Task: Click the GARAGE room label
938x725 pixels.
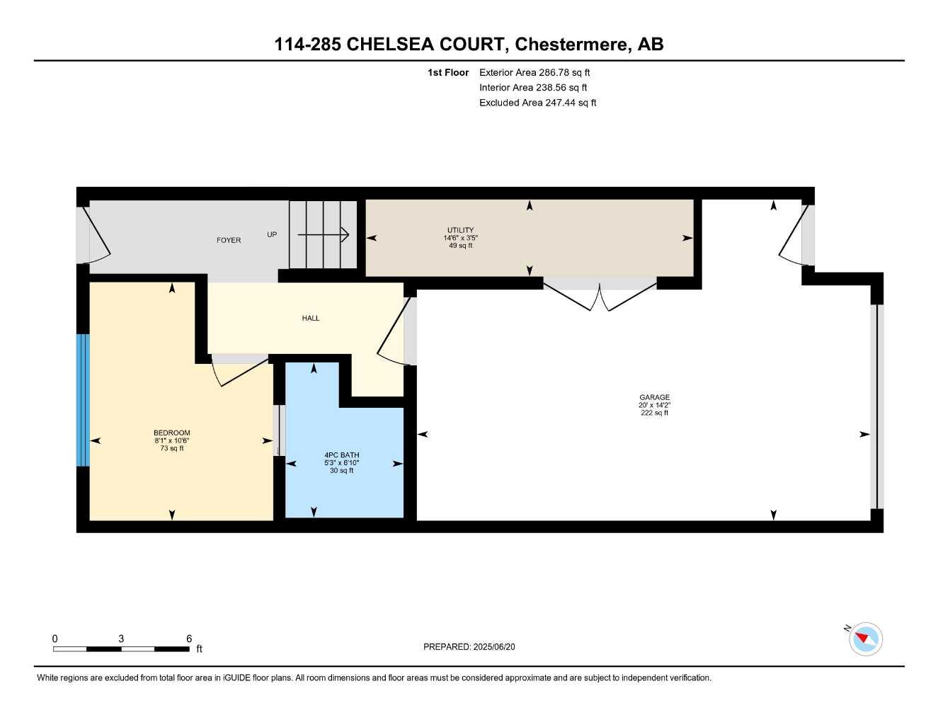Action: [654, 397]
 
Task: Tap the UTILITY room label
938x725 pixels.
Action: [460, 230]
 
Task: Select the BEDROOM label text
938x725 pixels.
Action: [171, 433]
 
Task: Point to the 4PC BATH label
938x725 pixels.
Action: [341, 455]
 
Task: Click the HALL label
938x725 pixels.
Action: [311, 318]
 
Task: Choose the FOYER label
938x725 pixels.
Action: [229, 240]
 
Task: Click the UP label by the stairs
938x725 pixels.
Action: [272, 234]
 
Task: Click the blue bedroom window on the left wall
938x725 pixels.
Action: [83, 400]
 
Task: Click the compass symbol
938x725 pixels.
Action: [865, 639]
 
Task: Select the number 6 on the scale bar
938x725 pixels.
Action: [189, 639]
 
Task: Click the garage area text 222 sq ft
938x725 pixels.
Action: [654, 413]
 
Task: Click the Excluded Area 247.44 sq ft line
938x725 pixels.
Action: [537, 103]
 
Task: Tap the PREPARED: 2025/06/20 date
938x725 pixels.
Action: [469, 646]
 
